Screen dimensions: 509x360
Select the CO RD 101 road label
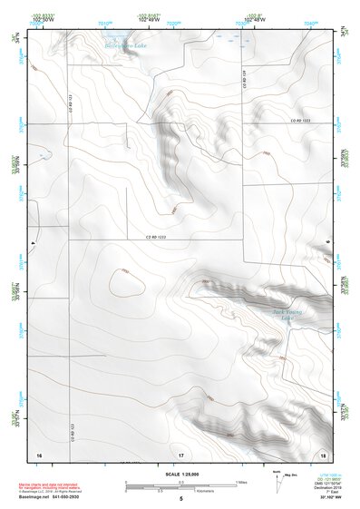(x=243, y=81)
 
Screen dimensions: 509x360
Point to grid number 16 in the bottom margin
(x=39, y=454)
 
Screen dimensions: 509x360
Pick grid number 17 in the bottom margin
(x=180, y=454)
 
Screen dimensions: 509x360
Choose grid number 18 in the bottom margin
(x=322, y=454)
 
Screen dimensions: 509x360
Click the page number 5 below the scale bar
(x=180, y=498)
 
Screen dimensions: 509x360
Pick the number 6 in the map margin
(x=329, y=241)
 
